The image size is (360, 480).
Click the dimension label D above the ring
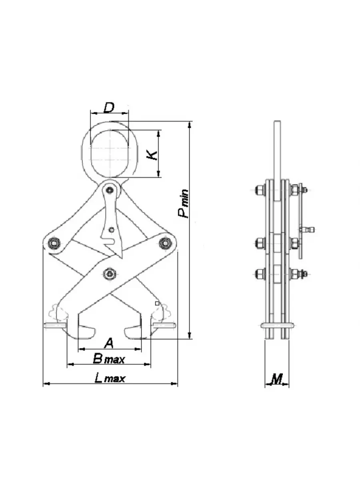coord(109,108)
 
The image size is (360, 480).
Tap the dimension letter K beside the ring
coord(152,154)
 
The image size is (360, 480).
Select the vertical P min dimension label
coord(184,204)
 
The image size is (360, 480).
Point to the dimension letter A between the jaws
coord(109,343)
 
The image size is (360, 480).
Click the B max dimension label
coord(108,359)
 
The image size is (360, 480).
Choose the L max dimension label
coord(110,378)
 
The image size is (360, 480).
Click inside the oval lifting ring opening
coord(109,154)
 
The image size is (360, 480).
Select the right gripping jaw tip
coord(132,332)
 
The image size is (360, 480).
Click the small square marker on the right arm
coord(157,304)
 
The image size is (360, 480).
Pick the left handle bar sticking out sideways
coord(55,326)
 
